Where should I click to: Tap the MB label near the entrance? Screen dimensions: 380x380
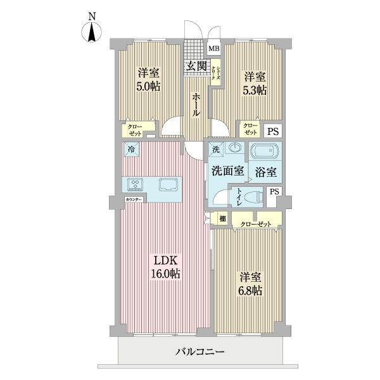click(x=214, y=48)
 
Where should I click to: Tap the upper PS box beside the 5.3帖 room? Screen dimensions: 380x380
click(x=272, y=132)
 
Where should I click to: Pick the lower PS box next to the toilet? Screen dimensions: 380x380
click(x=274, y=192)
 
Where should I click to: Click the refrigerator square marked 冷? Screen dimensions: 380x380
click(x=131, y=149)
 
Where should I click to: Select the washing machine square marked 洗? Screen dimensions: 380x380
click(x=215, y=149)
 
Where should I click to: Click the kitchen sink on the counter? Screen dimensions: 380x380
click(x=169, y=184)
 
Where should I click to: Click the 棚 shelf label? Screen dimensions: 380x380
click(x=222, y=219)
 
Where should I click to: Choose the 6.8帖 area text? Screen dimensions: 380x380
click(x=250, y=291)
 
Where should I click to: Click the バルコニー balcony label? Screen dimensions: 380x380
click(x=199, y=351)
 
